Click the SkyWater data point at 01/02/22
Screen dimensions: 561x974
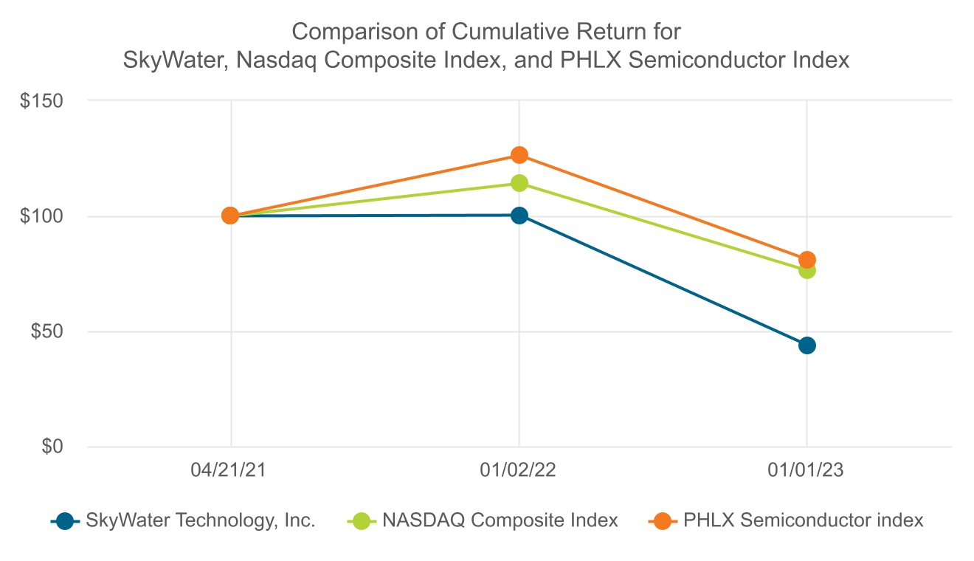click(x=519, y=216)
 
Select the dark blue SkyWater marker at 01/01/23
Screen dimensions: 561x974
click(x=807, y=345)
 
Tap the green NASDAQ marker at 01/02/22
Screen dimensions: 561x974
click(x=519, y=183)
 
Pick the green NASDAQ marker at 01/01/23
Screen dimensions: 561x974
click(x=807, y=270)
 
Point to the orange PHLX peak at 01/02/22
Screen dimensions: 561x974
click(x=519, y=155)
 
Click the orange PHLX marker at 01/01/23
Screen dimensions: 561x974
click(x=807, y=260)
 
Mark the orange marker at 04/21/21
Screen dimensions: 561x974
click(x=230, y=216)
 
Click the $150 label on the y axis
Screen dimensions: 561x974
click(x=44, y=100)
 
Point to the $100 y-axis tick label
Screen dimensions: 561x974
click(x=44, y=216)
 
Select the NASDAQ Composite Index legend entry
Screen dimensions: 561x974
click(x=500, y=520)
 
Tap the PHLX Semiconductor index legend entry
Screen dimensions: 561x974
click(x=803, y=520)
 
